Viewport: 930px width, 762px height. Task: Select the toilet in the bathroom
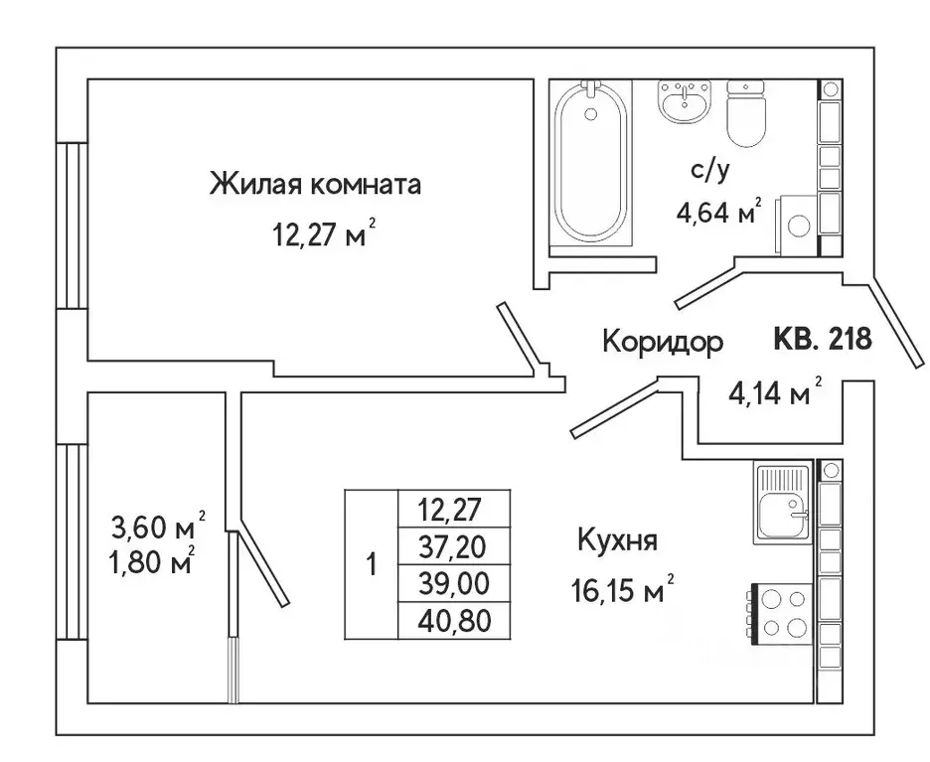pos(747,111)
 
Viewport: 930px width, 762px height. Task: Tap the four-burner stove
pos(781,613)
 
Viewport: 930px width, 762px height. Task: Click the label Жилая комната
pos(315,185)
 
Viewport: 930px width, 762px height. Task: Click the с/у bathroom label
pos(710,170)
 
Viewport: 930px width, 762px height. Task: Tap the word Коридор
pos(663,342)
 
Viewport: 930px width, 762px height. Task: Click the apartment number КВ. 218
pos(822,340)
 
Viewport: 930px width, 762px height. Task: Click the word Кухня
pos(618,542)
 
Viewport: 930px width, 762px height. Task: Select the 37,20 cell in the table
pos(453,544)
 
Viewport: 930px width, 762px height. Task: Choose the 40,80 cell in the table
pos(453,620)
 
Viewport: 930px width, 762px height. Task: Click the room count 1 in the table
pos(372,566)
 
